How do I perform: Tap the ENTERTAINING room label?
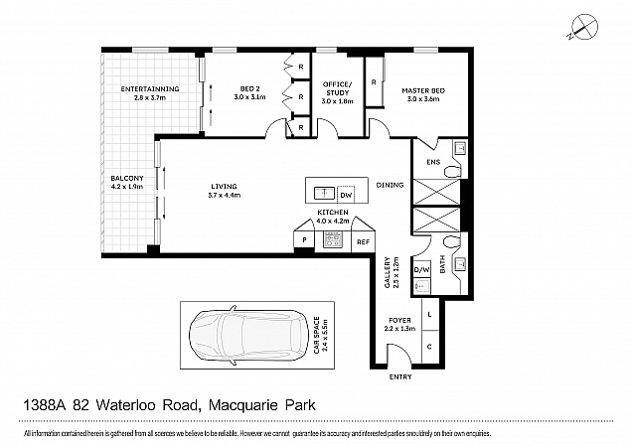point(149,89)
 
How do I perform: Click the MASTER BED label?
point(423,91)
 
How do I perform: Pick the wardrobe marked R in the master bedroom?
point(374,81)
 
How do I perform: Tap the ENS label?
point(432,162)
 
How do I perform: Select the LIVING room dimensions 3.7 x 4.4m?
point(225,196)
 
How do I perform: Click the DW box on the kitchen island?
point(346,194)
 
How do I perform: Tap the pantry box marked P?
point(302,240)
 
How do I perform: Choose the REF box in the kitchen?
point(363,240)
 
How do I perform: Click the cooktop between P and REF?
point(332,240)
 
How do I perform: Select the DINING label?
point(390,185)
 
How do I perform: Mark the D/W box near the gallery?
point(420,269)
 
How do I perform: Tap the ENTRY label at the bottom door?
point(399,376)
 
